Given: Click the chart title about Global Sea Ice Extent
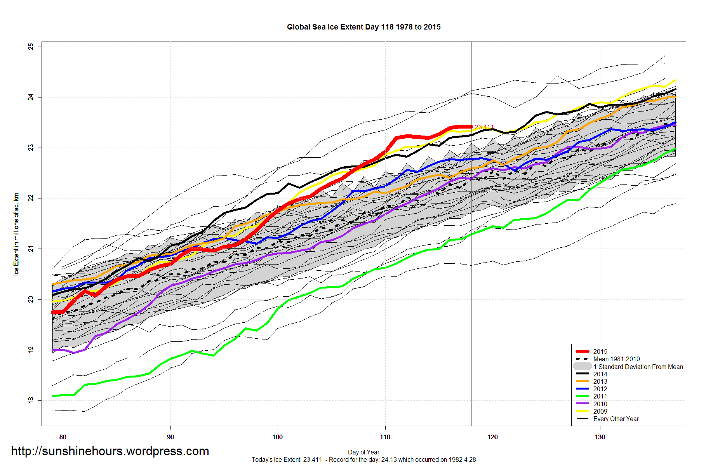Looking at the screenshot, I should click(x=363, y=27).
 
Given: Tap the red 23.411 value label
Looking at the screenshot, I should click(x=484, y=127).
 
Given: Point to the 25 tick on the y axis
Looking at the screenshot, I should click(x=31, y=47).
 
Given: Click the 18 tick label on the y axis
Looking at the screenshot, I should click(x=31, y=400).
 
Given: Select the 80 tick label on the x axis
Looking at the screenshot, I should click(x=63, y=437).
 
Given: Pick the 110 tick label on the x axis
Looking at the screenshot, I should click(x=385, y=437).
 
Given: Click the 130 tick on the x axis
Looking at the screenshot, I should click(x=600, y=437).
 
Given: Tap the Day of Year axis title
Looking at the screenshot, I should click(x=363, y=452).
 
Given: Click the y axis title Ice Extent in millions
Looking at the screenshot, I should click(x=16, y=233).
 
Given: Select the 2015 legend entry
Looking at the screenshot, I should click(x=600, y=351).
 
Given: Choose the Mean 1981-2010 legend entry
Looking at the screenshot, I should click(x=616, y=359).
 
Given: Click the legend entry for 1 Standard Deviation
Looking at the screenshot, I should click(x=638, y=367).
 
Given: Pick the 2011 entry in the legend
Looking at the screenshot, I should click(x=600, y=396).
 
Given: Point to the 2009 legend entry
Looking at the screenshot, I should click(x=600, y=411).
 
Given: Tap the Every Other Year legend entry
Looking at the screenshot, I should click(x=616, y=419).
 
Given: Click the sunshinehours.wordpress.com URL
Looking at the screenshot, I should click(x=110, y=451).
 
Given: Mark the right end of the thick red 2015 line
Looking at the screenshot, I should click(x=471, y=127).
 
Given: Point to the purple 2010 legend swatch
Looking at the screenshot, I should click(x=582, y=404).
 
